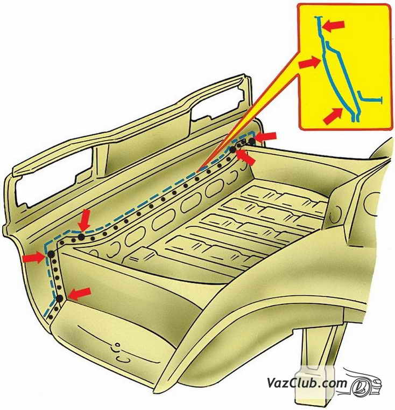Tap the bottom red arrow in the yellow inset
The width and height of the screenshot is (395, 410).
(333, 116)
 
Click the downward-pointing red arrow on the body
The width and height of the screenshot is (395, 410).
(84, 220)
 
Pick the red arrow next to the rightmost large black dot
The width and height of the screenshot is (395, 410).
(265, 136)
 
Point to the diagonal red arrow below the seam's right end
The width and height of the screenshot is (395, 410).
(245, 157)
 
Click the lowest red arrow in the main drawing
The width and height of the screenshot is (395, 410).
(80, 294)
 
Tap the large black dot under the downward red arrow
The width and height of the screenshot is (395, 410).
(81, 237)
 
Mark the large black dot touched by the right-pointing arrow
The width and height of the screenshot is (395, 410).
(51, 254)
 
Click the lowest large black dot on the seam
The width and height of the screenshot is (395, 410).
(60, 298)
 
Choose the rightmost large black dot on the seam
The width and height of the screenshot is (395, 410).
(251, 142)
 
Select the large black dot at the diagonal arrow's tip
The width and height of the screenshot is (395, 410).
(232, 150)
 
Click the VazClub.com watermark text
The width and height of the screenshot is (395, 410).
(307, 383)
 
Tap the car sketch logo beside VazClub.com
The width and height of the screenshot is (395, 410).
(362, 383)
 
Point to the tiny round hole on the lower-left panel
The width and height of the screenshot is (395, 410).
(117, 345)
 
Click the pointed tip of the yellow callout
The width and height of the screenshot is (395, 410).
(197, 172)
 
